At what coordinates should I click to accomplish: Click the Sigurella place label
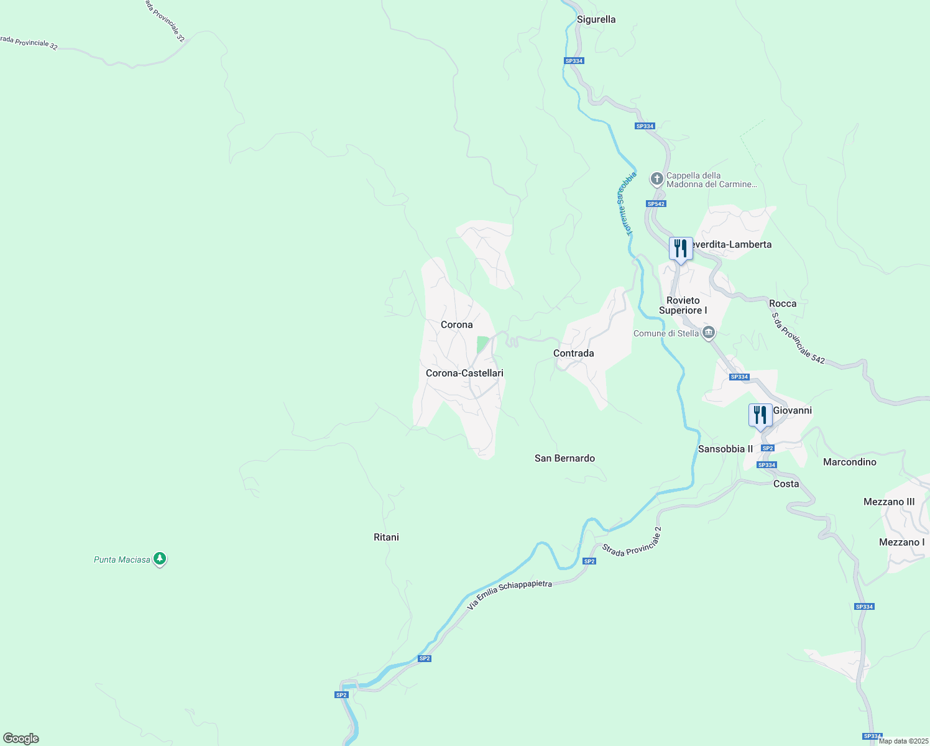click(596, 19)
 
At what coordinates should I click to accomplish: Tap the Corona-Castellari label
click(464, 373)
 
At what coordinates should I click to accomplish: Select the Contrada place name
click(573, 353)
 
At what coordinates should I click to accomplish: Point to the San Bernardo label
click(564, 458)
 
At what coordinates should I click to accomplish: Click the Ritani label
click(386, 537)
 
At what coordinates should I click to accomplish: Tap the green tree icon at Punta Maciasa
click(160, 559)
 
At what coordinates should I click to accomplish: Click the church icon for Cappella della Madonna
click(656, 180)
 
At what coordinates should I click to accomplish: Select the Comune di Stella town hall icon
click(708, 333)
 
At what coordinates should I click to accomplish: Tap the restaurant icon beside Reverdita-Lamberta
click(681, 249)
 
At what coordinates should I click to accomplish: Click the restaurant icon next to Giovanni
click(760, 415)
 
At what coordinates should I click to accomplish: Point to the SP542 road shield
click(656, 204)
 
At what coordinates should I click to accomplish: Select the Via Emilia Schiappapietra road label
click(509, 595)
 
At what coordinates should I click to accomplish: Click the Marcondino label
click(849, 462)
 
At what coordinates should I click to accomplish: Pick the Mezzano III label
click(889, 502)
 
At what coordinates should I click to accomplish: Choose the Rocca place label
click(783, 303)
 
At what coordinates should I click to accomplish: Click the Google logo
click(21, 739)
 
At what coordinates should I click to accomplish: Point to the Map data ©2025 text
click(903, 741)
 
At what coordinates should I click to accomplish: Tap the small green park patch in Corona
click(482, 344)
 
